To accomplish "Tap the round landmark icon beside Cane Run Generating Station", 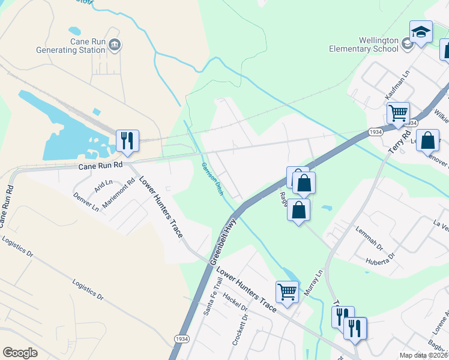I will tap(115, 44).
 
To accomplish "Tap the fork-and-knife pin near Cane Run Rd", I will tap(127, 141).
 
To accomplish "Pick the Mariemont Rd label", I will tap(118, 193).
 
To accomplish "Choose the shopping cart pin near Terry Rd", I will tap(397, 113).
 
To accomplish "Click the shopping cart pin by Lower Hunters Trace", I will tap(288, 292).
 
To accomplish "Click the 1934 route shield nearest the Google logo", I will tap(181, 339).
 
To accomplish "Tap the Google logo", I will tap(20, 353).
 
